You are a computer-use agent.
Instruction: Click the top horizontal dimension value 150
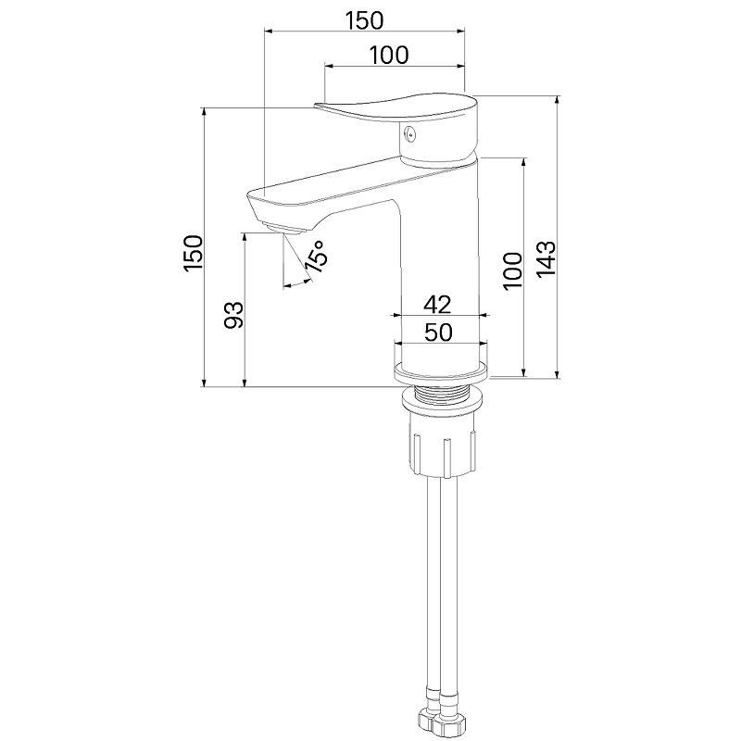[364, 20]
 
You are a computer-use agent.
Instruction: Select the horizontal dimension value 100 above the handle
[388, 56]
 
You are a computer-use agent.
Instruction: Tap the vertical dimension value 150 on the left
[194, 253]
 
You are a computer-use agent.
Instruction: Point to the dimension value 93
[233, 315]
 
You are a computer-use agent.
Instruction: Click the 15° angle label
[316, 257]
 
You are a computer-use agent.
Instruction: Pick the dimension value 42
[437, 305]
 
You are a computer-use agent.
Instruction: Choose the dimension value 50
[438, 333]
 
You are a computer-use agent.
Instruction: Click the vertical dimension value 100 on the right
[513, 271]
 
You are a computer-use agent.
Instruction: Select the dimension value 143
[546, 259]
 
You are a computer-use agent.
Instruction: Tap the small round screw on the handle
[410, 134]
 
